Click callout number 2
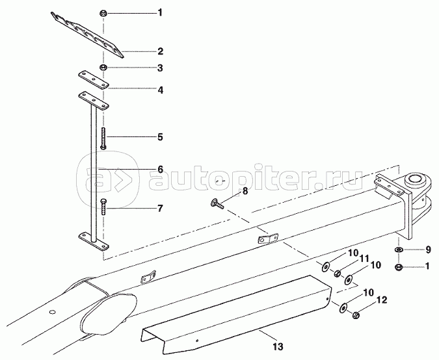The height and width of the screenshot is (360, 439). (x=160, y=51)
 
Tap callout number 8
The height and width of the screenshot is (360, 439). (x=245, y=191)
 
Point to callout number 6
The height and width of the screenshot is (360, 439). (x=160, y=170)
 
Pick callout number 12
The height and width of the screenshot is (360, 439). (x=381, y=300)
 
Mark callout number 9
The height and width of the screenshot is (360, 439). (x=427, y=250)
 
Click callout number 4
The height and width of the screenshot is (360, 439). (x=160, y=90)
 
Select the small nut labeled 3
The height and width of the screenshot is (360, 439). (x=103, y=68)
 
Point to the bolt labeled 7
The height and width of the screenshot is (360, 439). (x=103, y=208)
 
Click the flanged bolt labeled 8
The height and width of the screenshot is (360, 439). (x=217, y=205)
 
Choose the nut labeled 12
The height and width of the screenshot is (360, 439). (x=356, y=315)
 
